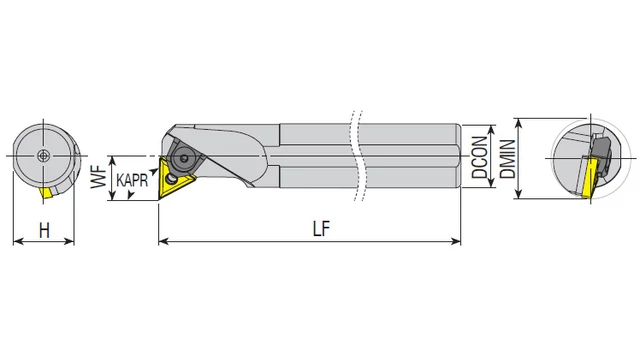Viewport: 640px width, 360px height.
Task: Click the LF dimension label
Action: [x=321, y=229]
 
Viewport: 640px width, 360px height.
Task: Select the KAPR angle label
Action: [x=132, y=180]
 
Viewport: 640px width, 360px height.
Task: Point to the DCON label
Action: [x=480, y=157]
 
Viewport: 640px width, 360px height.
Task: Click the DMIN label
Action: [x=508, y=159]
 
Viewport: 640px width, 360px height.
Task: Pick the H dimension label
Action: [x=44, y=231]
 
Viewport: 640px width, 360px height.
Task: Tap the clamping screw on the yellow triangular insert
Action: [x=170, y=178]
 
